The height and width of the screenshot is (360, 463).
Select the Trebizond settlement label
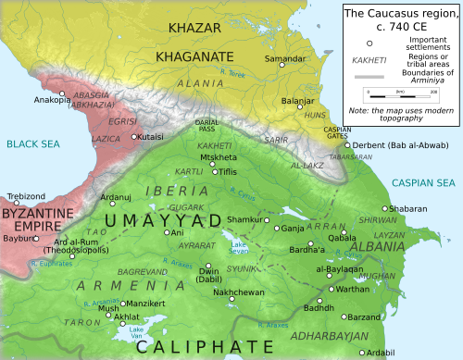(25, 197)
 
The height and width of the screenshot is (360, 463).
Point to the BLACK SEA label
(32, 143)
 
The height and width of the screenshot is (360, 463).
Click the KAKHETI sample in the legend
(371, 58)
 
